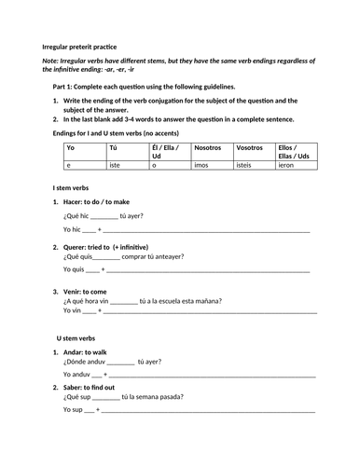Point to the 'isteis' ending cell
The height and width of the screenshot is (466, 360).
click(246, 164)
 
